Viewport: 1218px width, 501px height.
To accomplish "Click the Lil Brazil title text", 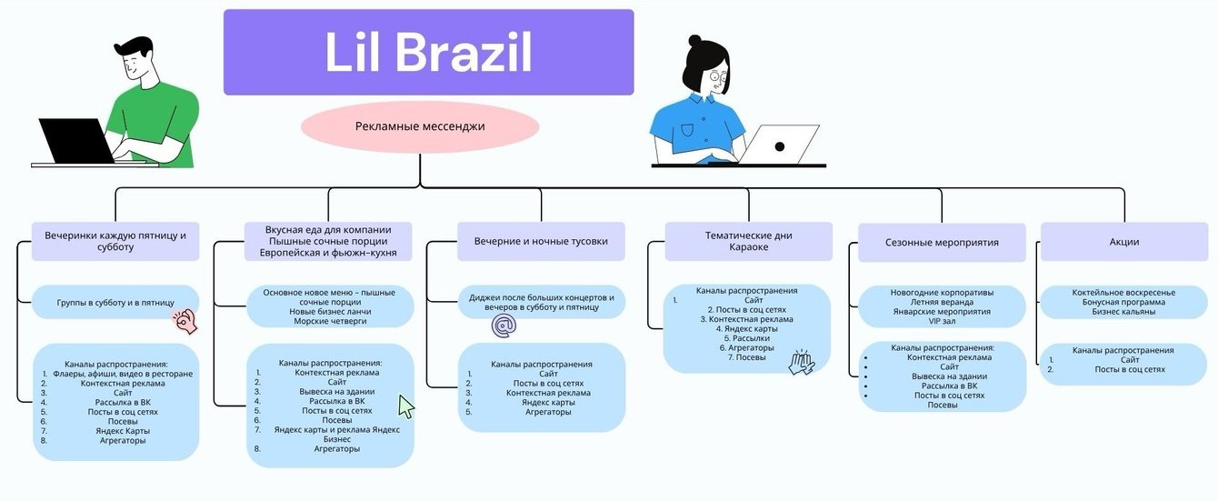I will (428, 53).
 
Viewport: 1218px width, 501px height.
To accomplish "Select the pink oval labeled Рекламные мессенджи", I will (420, 127).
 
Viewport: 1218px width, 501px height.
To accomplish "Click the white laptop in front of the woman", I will (779, 144).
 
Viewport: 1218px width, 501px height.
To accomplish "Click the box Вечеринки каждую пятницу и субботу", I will (115, 242).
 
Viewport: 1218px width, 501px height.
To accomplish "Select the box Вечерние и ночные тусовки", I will (541, 242).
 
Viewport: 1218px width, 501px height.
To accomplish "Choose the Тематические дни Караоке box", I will (748, 242).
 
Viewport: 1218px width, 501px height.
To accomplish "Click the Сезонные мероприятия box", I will (942, 243).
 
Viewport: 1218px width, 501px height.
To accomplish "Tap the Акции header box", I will (1123, 242).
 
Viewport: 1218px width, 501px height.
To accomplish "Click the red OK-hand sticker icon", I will (185, 320).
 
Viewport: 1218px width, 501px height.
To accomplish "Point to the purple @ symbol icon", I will (503, 326).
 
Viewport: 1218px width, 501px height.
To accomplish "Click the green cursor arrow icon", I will (405, 406).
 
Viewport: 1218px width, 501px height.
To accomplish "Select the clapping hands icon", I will (802, 363).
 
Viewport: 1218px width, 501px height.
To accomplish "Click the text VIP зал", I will (942, 321).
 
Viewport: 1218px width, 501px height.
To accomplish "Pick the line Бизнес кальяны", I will (1123, 312).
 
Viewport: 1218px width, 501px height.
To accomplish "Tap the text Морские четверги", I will (329, 321).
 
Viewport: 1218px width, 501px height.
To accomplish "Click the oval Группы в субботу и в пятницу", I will (115, 302).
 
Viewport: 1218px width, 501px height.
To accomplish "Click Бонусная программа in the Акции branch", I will (1123, 302).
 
